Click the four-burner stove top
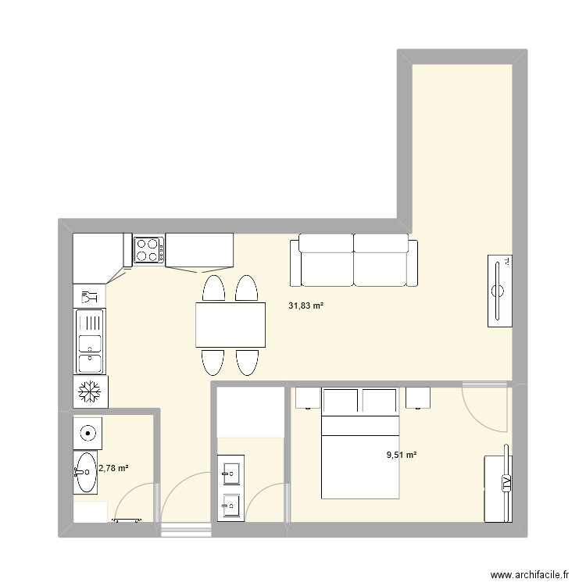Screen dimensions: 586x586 [x=148, y=250]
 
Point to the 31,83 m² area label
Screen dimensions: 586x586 [x=306, y=307]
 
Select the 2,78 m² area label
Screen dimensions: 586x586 [x=113, y=469]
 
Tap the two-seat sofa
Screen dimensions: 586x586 [x=354, y=261]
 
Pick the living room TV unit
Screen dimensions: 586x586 [x=498, y=291]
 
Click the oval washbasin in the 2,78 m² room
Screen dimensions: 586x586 [x=85, y=472]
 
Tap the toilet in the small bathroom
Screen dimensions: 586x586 [x=88, y=430]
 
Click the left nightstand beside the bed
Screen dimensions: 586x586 [x=306, y=397]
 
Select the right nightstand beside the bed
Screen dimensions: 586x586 [x=419, y=397]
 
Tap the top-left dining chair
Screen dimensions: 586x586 [x=214, y=288]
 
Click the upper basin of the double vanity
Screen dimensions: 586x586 [x=231, y=472]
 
